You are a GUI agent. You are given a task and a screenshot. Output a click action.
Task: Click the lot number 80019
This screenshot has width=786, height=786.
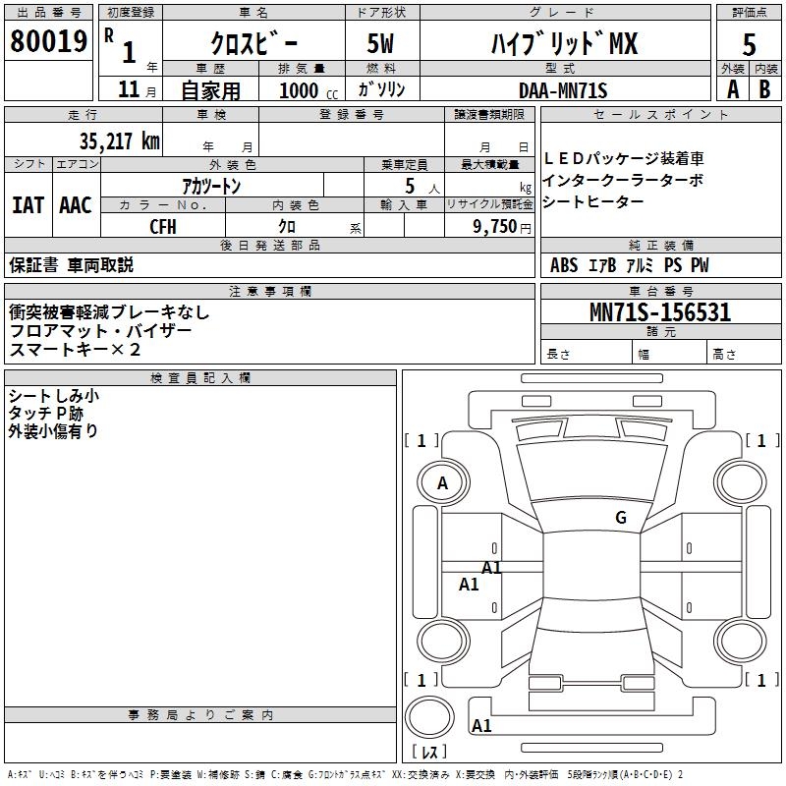pos(48,41)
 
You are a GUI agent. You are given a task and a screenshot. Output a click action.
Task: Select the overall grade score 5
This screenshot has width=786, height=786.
pos(749,44)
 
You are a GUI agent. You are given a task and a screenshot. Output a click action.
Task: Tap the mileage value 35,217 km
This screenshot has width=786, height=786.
pos(119,140)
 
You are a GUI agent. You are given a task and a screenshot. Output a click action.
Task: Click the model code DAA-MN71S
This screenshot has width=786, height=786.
pos(563,90)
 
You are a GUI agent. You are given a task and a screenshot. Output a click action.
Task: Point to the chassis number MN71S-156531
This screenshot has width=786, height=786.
pos(660,311)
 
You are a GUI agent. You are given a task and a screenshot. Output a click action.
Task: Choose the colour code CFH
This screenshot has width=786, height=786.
pos(163,227)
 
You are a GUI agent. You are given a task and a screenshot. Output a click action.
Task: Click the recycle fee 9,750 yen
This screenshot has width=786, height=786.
pos(502,227)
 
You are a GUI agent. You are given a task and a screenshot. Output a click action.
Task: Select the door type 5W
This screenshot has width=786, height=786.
pos(380,43)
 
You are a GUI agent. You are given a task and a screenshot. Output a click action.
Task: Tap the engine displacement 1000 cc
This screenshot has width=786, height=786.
pos(309,90)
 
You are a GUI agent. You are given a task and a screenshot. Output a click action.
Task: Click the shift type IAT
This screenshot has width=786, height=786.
pos(28,205)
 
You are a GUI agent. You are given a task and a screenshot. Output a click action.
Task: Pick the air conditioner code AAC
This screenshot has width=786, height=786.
pos(76,205)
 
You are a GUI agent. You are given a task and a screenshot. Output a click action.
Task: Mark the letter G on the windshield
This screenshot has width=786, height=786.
pos(621,518)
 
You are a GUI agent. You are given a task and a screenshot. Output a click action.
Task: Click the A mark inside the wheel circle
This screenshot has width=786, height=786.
pos(442,483)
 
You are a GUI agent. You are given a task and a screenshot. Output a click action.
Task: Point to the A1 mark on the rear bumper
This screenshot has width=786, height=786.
pos(481,726)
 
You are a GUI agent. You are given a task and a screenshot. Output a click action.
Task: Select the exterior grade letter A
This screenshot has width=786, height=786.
pos(733,89)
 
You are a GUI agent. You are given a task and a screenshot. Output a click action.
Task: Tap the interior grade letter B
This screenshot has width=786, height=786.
pos(764,89)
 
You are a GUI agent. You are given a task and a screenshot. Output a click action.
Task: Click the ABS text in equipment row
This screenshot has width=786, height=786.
pos(564,265)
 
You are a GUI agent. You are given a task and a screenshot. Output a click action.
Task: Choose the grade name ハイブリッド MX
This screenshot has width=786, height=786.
pos(564,43)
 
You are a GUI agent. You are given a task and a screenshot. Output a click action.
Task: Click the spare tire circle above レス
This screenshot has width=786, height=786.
pos(429,717)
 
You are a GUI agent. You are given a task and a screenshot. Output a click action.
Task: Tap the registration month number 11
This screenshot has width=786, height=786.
pos(129,89)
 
